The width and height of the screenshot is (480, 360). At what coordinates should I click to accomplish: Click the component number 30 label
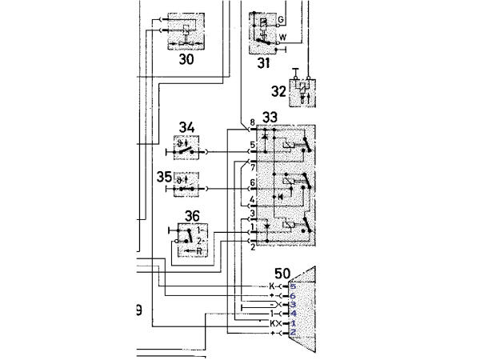point(186,60)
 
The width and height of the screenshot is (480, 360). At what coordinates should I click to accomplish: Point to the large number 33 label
point(270,118)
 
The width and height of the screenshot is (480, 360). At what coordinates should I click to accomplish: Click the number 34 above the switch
point(186,126)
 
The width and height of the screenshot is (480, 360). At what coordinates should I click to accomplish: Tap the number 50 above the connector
point(282,274)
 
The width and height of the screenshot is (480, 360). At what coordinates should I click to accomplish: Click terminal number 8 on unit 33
point(252,122)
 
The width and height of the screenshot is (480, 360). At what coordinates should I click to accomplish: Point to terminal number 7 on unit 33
point(252,169)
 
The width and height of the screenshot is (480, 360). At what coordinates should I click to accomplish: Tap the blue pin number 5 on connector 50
point(293,286)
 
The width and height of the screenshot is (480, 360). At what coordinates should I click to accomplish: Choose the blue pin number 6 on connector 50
point(293,295)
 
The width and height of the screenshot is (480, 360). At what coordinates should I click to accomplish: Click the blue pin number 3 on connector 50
point(293,305)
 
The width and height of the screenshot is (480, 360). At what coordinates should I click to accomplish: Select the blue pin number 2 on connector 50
point(293,332)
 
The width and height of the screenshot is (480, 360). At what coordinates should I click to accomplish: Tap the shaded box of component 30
point(185,31)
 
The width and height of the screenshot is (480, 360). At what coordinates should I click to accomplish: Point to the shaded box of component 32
point(302,90)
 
